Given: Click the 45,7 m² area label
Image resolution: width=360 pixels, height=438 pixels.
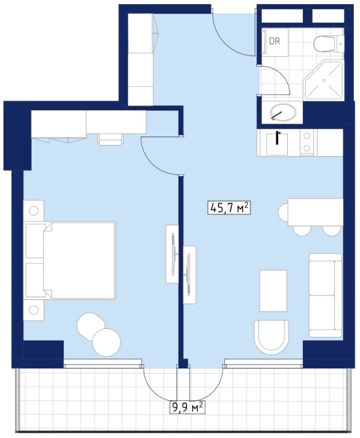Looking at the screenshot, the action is pos(229,208).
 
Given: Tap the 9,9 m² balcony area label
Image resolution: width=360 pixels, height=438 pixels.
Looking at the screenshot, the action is pos(188,407).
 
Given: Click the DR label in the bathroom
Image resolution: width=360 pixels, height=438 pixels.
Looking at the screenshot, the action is pos(274,42).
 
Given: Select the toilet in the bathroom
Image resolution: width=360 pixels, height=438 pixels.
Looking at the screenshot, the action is pos(329,44).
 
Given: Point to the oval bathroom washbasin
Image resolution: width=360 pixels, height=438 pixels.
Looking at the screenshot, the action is pos(283,112).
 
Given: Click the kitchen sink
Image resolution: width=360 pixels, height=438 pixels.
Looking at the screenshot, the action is pos(277,144).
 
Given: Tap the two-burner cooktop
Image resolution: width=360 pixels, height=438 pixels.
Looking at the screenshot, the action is pos(307,142).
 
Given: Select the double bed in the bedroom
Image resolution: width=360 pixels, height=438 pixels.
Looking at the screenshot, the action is pos(71,260).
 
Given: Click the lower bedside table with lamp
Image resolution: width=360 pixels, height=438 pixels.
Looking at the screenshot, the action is pos(34,310).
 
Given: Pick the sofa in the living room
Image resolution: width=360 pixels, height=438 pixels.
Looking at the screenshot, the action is pos(325,295).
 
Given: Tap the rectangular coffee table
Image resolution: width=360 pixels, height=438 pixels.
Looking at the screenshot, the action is pos(273,290).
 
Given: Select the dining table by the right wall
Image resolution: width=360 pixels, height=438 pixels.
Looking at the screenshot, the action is pos(315,212).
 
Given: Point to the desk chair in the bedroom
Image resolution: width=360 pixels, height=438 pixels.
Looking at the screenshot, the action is pos(111,139).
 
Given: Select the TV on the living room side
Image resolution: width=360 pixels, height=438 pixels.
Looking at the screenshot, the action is pos(189,274).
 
